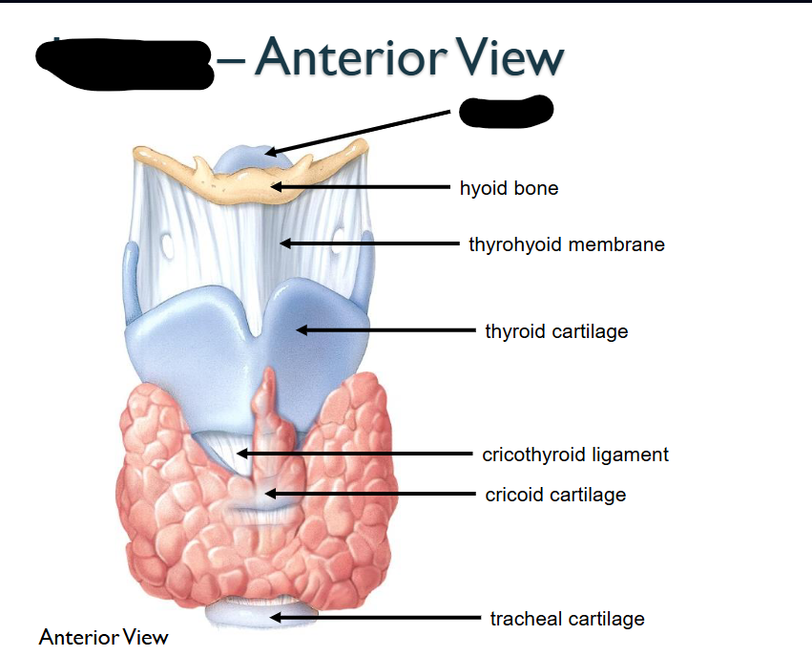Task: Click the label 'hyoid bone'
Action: pos(509,188)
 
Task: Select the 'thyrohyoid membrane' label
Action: pos(566,244)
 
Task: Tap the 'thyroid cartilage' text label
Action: pos(556,331)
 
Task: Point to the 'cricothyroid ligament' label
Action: pos(575,455)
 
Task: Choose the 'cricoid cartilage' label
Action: pos(555,495)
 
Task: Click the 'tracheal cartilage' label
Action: pos(567,619)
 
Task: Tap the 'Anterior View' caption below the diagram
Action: pos(103,637)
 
